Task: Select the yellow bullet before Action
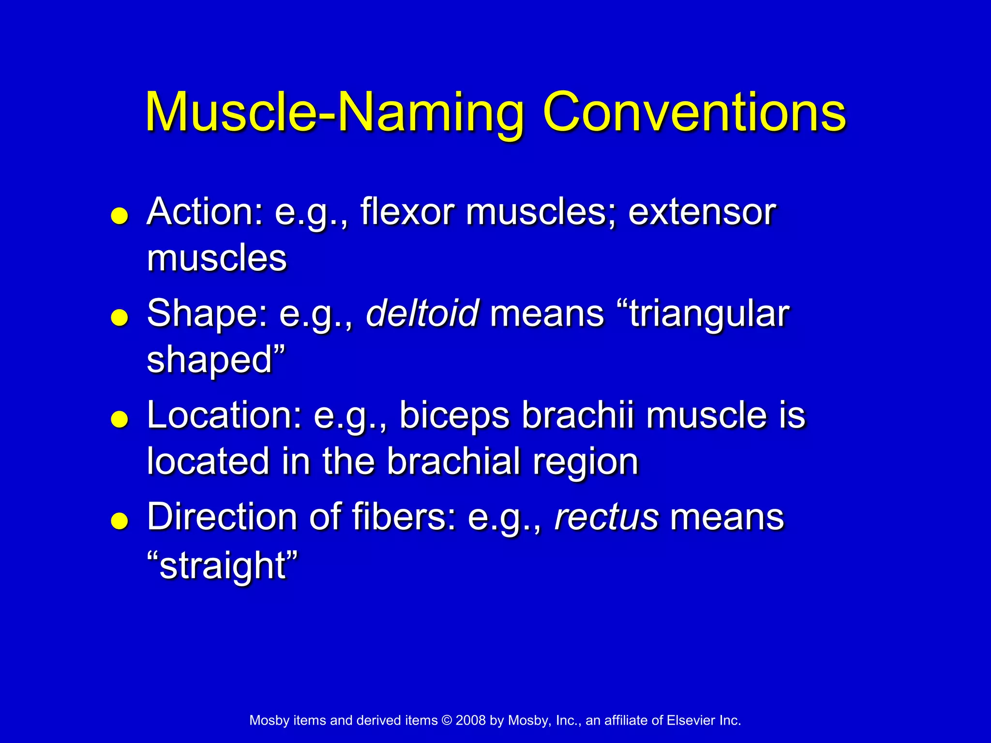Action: [x=119, y=216]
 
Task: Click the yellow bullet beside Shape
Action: [x=119, y=318]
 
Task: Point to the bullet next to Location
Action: [x=119, y=419]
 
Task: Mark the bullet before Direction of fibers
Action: [x=119, y=521]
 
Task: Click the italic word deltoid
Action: [x=422, y=313]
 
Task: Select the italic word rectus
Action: [x=606, y=517]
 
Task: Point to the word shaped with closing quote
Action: [x=216, y=361]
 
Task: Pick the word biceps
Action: [x=454, y=416]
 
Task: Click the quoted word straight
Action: [x=222, y=565]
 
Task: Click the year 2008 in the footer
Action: [x=470, y=720]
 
